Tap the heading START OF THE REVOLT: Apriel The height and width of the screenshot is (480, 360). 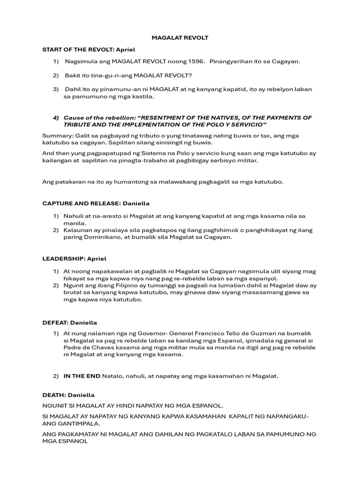click(89, 49)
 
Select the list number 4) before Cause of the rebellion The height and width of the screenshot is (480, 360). click(56, 117)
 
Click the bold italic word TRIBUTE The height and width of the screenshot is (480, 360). click(78, 125)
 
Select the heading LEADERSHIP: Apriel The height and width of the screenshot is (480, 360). click(75, 258)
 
